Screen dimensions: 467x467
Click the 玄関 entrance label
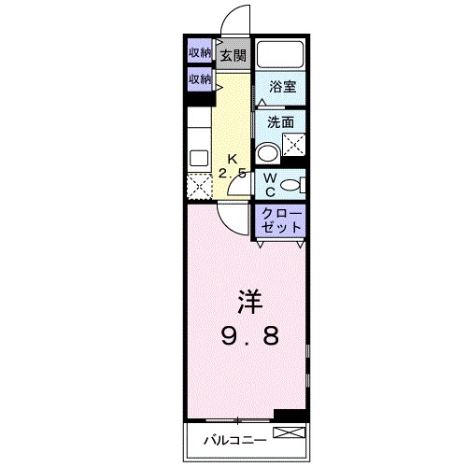(233, 54)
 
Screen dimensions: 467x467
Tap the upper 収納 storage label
(199, 52)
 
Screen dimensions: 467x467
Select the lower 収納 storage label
(199, 79)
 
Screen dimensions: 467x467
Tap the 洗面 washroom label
(281, 121)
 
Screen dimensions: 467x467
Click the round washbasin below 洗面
(269, 152)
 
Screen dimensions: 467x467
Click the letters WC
(269, 185)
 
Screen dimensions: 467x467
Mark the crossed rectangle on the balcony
(288, 432)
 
